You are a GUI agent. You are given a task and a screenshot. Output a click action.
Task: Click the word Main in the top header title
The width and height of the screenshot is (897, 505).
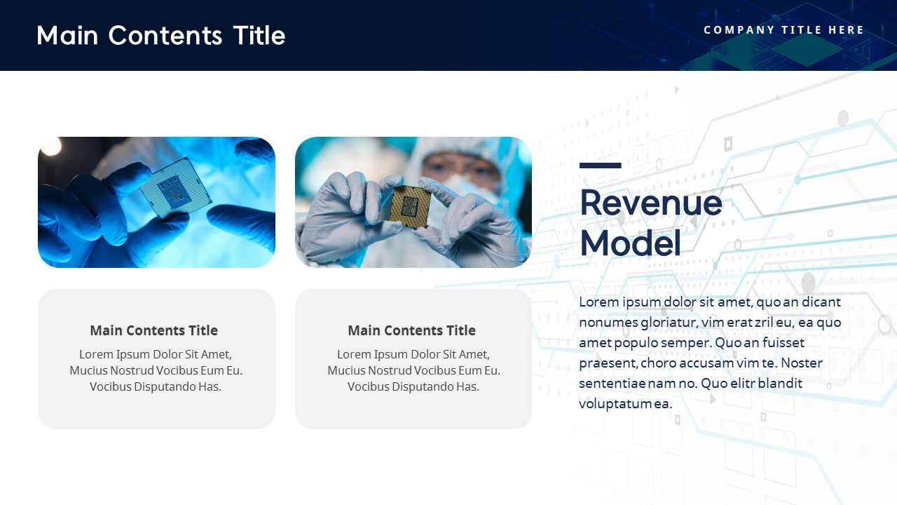point(67,35)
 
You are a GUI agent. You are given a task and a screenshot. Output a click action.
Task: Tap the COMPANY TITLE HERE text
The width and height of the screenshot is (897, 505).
point(783,30)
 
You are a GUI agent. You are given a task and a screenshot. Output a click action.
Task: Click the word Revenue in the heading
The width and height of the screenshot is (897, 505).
point(650,203)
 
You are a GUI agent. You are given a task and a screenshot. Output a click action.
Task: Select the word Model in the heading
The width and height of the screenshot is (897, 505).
point(630,243)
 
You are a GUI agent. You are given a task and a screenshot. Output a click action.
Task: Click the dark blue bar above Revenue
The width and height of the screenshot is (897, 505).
point(600,166)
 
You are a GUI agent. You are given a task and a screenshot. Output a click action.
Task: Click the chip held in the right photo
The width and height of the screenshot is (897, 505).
point(409,206)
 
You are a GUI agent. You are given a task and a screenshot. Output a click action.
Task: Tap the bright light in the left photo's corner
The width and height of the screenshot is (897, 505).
point(50,145)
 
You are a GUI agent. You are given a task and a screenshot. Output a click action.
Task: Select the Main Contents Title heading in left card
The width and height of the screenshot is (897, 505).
point(153,330)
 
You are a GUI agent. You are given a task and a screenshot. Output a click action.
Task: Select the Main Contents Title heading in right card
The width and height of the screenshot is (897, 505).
point(411,330)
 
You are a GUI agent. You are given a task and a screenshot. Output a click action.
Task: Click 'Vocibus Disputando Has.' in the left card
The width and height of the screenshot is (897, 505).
point(156,386)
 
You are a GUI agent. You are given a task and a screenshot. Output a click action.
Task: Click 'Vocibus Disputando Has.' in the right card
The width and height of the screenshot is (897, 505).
point(413,386)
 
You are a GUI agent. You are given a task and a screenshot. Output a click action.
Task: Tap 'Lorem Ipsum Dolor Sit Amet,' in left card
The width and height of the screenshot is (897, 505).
point(156,354)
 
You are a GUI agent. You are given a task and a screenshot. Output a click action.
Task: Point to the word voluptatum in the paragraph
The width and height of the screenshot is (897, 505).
point(615,404)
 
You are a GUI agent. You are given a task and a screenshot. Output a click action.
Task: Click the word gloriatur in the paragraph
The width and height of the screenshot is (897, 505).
point(666,323)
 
